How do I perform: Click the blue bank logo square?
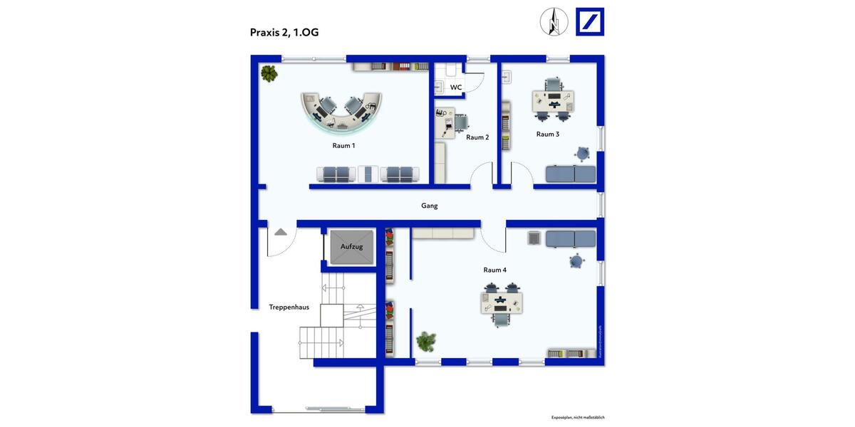pos(589,21)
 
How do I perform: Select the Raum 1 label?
pos(343,145)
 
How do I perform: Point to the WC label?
pos(456,88)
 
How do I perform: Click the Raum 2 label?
pos(477,137)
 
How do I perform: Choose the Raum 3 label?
pos(547,134)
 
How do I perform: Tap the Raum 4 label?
pos(494,270)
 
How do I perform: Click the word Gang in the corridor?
pos(429,206)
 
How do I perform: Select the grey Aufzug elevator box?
pos(352,247)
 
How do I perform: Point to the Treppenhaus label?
pos(289,307)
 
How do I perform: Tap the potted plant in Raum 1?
pos(269,72)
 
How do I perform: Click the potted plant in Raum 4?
pos(426,342)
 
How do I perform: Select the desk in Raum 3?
pos(553,100)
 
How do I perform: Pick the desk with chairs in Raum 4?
pos(502,303)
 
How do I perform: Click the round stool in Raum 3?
pos(584,153)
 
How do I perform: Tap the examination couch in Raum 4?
pos(570,239)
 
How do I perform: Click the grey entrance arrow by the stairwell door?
pos(281,231)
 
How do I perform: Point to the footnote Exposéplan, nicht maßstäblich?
pos(578,418)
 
